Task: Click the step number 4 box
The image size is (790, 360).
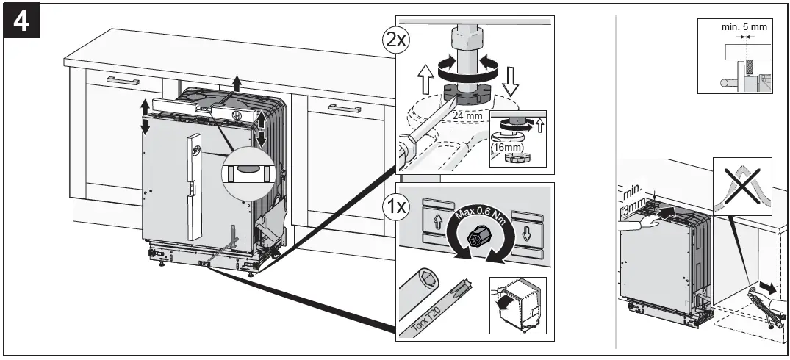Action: point(22,21)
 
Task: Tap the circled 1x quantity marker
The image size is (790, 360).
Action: point(396,206)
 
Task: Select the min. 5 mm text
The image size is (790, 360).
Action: point(743,26)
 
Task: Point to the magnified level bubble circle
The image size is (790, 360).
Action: point(246,173)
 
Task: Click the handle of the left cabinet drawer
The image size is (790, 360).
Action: point(122,80)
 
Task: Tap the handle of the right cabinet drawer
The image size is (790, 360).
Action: point(344,109)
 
